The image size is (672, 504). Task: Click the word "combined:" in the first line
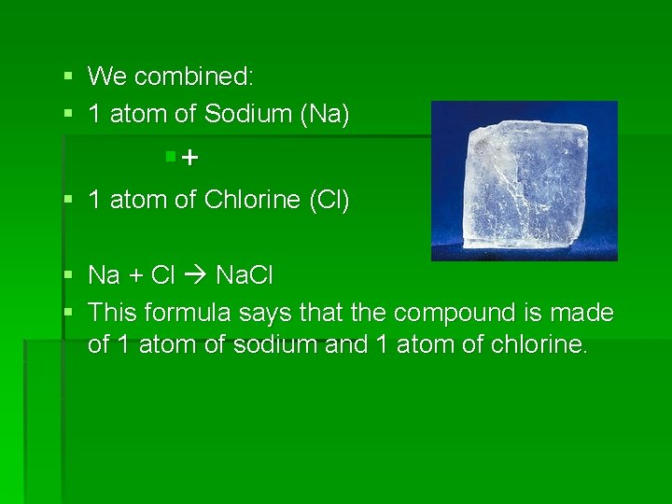201,77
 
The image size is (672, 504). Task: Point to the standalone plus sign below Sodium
189,159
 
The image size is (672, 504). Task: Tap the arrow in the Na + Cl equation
196,276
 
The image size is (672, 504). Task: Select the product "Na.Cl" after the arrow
245,275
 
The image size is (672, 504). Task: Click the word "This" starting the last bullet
111,312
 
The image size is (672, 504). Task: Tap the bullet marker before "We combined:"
68,75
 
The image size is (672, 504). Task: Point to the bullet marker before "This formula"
68,311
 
